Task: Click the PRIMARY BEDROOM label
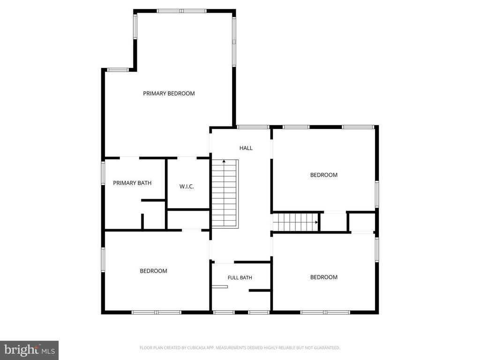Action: click(169, 93)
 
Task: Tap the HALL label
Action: click(246, 148)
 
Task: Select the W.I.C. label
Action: click(187, 187)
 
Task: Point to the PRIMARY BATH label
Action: click(132, 183)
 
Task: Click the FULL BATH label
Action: click(240, 277)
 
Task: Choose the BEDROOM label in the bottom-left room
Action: click(153, 271)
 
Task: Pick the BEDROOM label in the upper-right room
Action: click(324, 175)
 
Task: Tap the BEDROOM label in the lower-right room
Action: click(324, 277)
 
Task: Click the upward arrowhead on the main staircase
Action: click(224, 161)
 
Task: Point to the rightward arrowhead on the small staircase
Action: click(316, 222)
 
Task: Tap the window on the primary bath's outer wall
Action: click(103, 173)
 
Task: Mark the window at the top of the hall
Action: click(253, 127)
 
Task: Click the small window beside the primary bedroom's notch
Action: click(118, 70)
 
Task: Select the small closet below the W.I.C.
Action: click(188, 219)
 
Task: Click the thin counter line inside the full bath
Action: click(220, 287)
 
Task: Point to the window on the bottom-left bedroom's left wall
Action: click(103, 260)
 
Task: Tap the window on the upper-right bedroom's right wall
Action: click(377, 195)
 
